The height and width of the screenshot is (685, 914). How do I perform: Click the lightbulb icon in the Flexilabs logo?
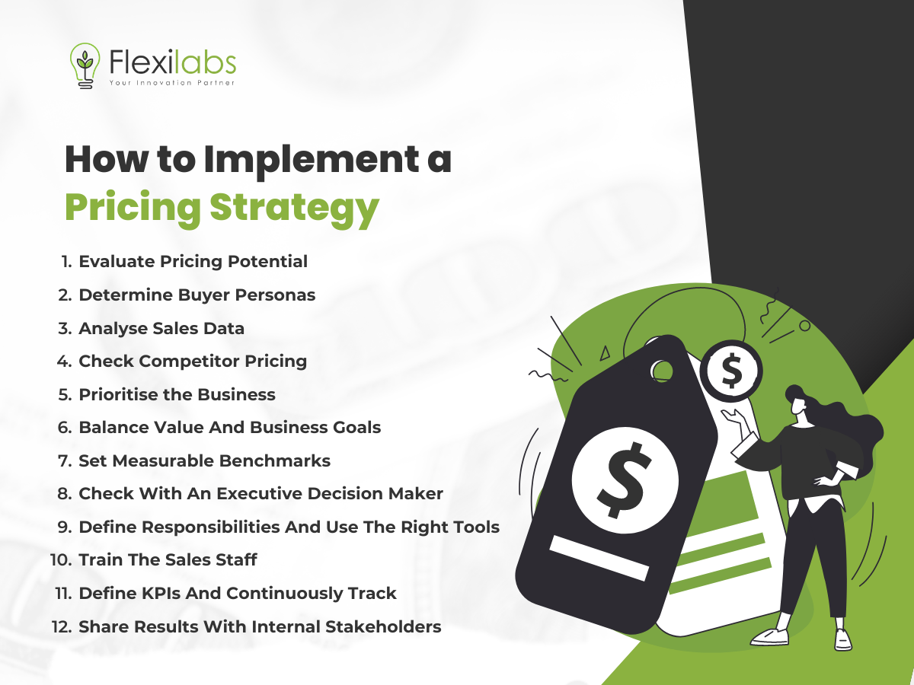click(x=85, y=65)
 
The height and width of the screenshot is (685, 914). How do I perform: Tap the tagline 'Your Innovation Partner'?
click(x=172, y=83)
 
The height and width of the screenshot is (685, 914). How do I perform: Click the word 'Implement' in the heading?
click(x=312, y=160)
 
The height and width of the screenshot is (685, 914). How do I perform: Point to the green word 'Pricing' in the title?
click(x=133, y=208)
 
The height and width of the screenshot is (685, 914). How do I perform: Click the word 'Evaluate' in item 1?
click(x=117, y=262)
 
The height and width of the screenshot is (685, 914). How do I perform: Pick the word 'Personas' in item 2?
click(x=275, y=295)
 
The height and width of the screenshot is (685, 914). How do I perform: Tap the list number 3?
click(x=65, y=328)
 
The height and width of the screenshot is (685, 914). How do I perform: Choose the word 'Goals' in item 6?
click(x=357, y=427)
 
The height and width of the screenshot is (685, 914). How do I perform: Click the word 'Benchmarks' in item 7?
click(x=274, y=460)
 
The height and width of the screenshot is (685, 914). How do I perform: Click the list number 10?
click(x=61, y=560)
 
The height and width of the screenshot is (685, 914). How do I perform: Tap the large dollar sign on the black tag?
click(x=624, y=479)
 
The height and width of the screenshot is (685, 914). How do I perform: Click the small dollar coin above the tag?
click(x=731, y=371)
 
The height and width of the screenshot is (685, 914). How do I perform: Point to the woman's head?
click(x=797, y=400)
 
